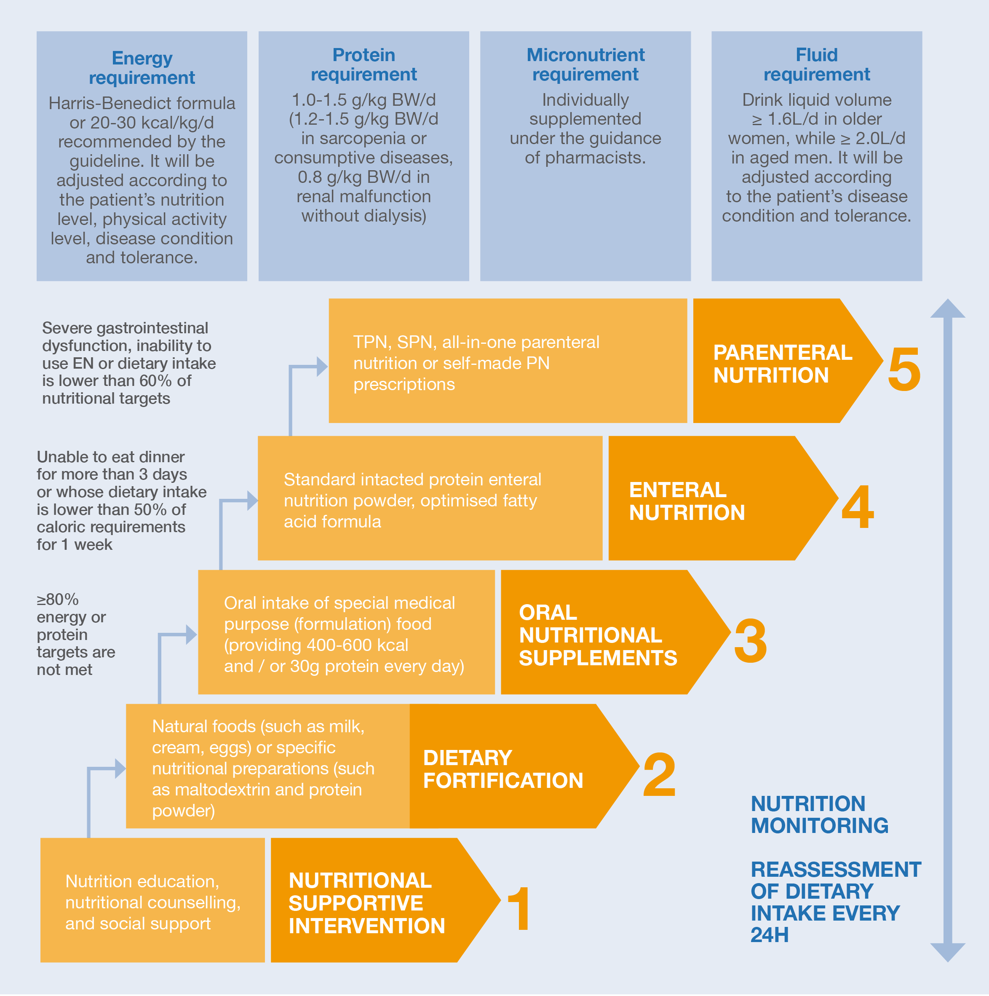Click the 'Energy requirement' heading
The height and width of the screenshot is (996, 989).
(x=142, y=67)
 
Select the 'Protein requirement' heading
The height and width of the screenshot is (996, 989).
(x=364, y=64)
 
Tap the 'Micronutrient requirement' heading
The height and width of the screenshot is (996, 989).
(x=585, y=64)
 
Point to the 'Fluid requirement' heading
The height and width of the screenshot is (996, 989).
(x=817, y=64)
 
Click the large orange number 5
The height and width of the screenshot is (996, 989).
(x=904, y=369)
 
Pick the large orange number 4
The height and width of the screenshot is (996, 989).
(x=858, y=506)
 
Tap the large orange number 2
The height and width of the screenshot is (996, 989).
(x=659, y=774)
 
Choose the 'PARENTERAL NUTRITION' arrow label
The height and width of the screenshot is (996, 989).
(x=782, y=364)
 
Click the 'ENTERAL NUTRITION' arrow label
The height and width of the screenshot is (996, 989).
(x=687, y=501)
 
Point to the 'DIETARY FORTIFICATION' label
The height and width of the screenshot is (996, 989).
(x=503, y=769)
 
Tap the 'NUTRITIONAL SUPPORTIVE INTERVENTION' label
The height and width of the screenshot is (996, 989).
(x=367, y=903)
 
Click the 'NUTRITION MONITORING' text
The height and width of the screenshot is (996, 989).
(x=819, y=814)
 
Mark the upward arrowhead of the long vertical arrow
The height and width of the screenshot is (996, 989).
(x=948, y=308)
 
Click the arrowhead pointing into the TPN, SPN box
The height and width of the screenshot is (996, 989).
(x=322, y=367)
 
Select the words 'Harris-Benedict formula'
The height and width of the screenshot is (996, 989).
(x=142, y=103)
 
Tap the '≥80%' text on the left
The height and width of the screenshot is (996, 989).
(x=58, y=600)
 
